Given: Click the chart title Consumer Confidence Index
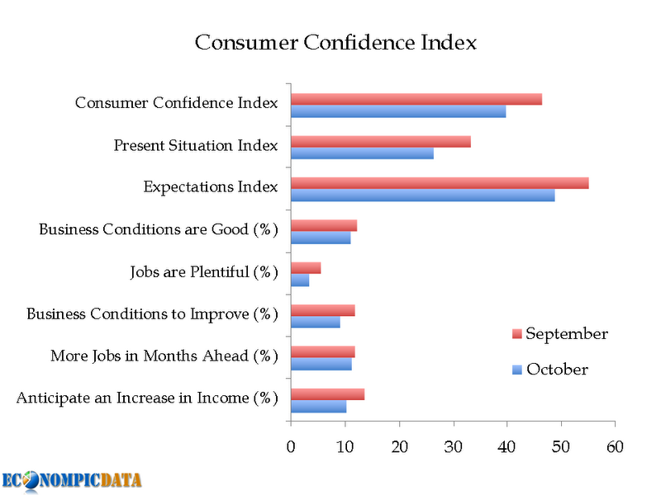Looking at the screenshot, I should [x=335, y=42].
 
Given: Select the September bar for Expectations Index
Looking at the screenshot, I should [x=440, y=183].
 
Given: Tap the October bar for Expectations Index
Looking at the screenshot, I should [x=422, y=196].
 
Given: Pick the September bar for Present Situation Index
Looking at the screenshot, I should [x=380, y=141].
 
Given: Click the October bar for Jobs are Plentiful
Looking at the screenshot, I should [x=300, y=280].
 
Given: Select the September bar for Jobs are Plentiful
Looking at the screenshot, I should [x=306, y=268].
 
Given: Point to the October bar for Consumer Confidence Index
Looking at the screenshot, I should [x=398, y=111].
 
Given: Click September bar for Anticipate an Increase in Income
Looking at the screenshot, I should [x=327, y=394].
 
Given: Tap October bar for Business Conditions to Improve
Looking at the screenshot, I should [x=315, y=323].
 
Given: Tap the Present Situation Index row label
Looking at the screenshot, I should [x=196, y=146].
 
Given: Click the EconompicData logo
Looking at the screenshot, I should [x=71, y=480].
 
